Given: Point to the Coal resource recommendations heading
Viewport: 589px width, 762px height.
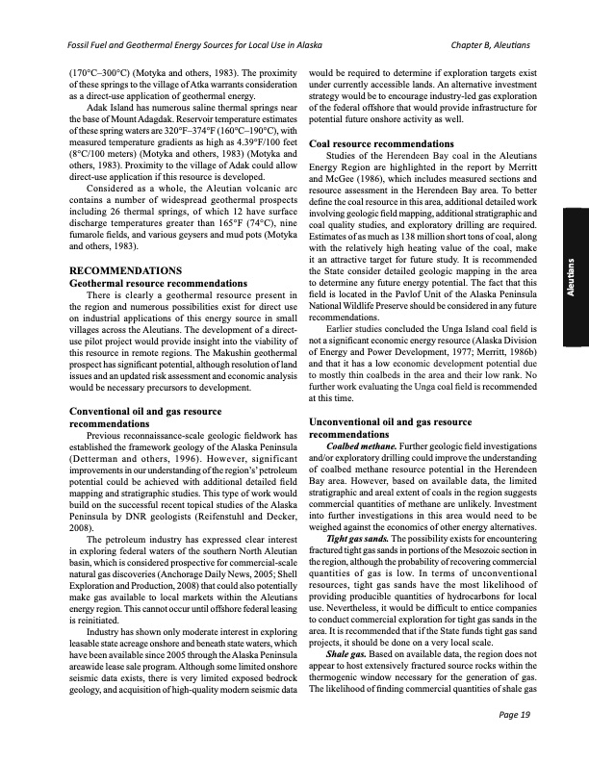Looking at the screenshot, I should pyautogui.click(x=382, y=144).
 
